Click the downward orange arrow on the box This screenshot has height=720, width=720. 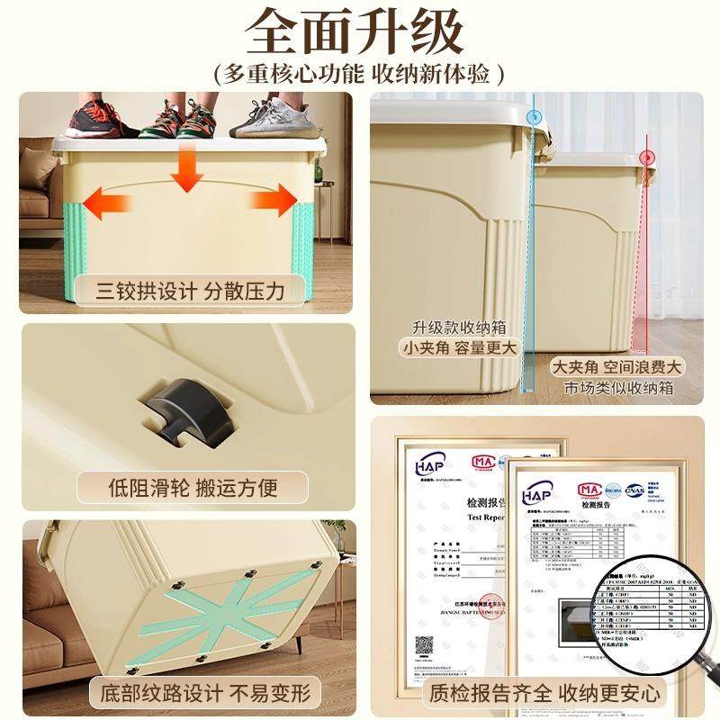point(187,167)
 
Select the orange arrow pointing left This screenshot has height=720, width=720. point(108,201)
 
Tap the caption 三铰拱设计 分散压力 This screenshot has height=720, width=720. point(190,291)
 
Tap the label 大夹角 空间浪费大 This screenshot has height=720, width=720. point(617,367)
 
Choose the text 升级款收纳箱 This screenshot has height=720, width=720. point(454,327)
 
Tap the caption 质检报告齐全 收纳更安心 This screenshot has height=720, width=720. point(545,693)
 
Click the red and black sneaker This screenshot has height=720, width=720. point(89,118)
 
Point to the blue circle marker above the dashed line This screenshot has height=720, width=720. point(535,115)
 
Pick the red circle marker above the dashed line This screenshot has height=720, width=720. point(644,158)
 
